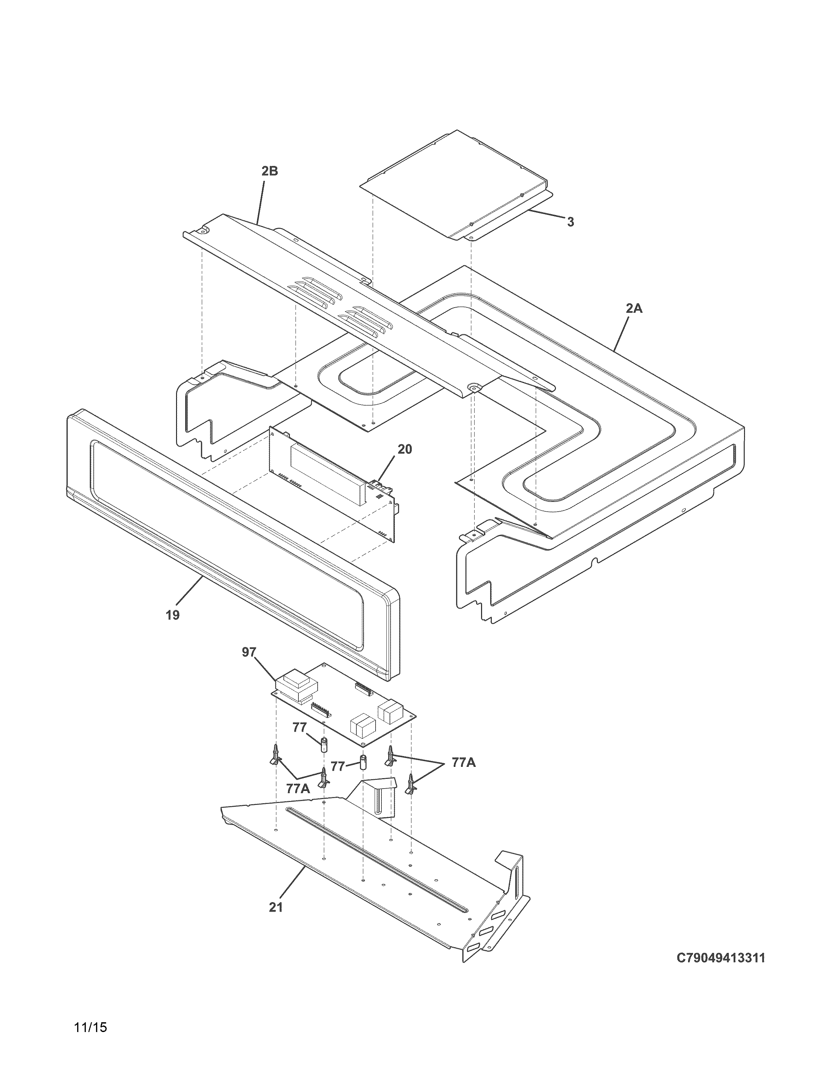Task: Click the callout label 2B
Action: click(x=270, y=171)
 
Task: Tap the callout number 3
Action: click(x=570, y=222)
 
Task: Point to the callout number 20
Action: click(x=405, y=449)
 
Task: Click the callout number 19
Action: click(x=173, y=615)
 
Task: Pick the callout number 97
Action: click(x=249, y=652)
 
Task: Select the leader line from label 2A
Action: click(x=622, y=332)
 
